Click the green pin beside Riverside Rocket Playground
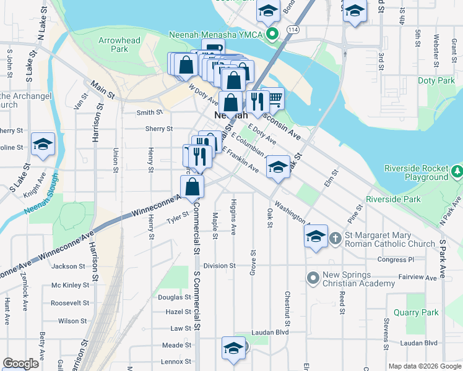coord(457,169)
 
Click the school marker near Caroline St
coord(43,144)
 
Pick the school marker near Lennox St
coord(233,348)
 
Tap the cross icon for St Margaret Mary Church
coord(335,238)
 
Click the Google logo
coord(20,364)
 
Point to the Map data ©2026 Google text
coord(424,366)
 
